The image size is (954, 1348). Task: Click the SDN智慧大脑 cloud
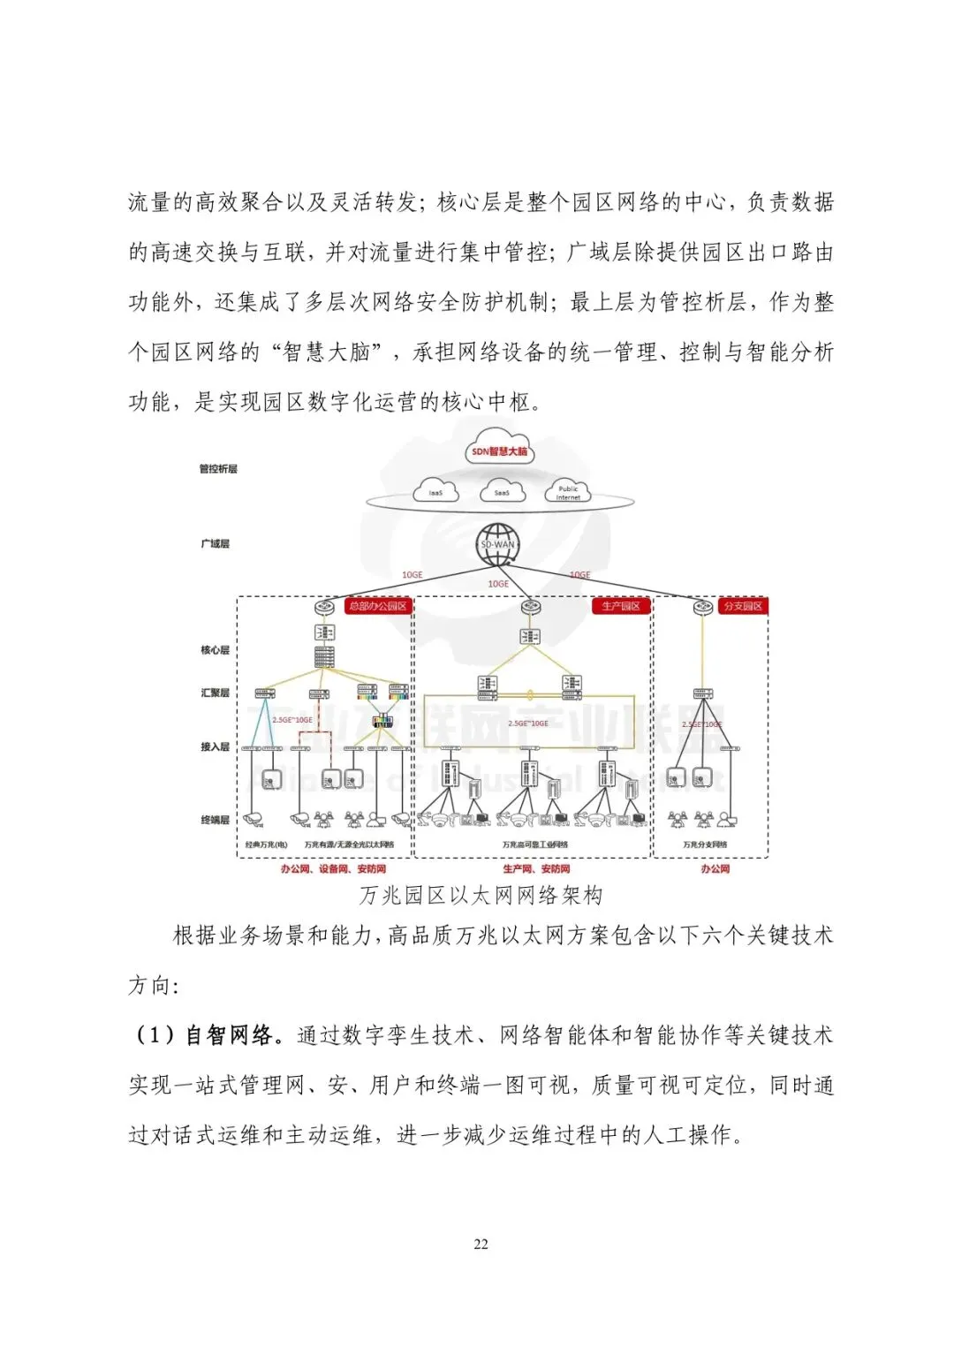pyautogui.click(x=500, y=451)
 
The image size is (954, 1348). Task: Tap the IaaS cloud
pyautogui.click(x=435, y=491)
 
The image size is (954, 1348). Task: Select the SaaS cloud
pyautogui.click(x=502, y=491)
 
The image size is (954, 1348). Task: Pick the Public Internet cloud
pyautogui.click(x=568, y=491)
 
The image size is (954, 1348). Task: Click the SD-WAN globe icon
pyautogui.click(x=497, y=544)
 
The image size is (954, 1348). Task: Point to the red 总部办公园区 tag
pyautogui.click(x=377, y=606)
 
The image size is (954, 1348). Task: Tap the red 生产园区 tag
pyautogui.click(x=621, y=606)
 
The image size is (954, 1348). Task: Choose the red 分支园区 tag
pyautogui.click(x=742, y=606)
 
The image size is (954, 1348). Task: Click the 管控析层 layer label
pyautogui.click(x=218, y=468)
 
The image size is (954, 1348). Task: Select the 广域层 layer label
pyautogui.click(x=215, y=543)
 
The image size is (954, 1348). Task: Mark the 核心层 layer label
pyautogui.click(x=215, y=650)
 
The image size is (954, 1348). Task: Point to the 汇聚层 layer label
pyautogui.click(x=215, y=693)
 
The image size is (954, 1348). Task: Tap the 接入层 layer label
pyautogui.click(x=215, y=746)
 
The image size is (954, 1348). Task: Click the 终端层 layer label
pyautogui.click(x=215, y=820)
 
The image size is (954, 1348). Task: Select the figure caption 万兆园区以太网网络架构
pyautogui.click(x=481, y=895)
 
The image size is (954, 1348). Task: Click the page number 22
pyautogui.click(x=481, y=1244)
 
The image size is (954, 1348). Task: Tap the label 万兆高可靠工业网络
pyautogui.click(x=535, y=844)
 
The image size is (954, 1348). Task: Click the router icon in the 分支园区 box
pyautogui.click(x=703, y=607)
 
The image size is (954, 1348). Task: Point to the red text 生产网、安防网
pyautogui.click(x=536, y=869)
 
